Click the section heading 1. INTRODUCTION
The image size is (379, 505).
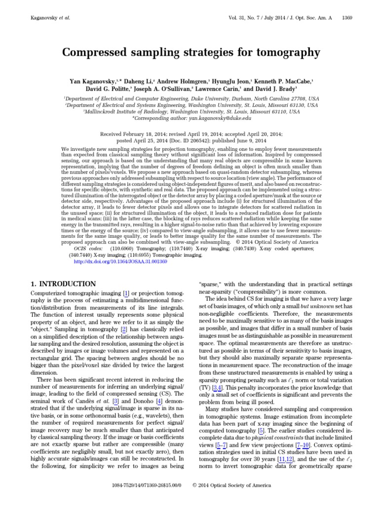tap(63, 284)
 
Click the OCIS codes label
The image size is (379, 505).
tap(87, 250)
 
